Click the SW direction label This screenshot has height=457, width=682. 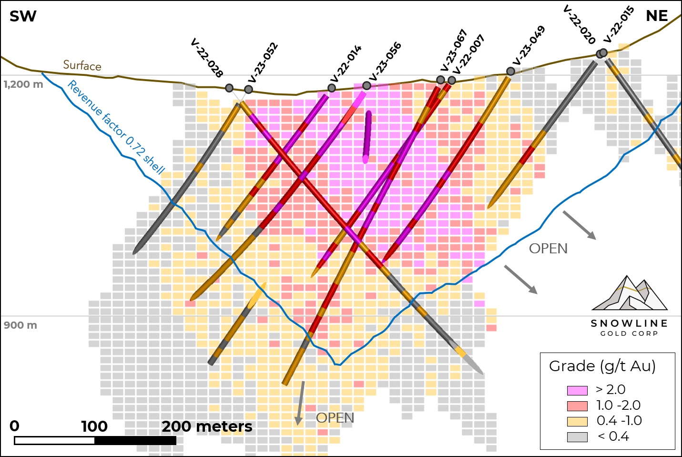point(23,16)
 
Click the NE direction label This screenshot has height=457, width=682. point(657,16)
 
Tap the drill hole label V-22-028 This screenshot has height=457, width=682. point(206,58)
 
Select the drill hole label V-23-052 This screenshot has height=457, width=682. point(263,62)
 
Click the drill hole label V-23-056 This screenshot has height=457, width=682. point(385,62)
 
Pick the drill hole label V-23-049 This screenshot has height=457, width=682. point(529,46)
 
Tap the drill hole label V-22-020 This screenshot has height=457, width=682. point(579,24)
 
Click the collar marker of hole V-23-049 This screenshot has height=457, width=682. point(510,71)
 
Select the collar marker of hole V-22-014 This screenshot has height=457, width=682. point(332,88)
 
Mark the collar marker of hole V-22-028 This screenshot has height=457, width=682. point(229,88)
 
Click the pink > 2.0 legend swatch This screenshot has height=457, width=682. point(577,390)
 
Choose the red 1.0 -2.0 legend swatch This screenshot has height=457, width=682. point(577,406)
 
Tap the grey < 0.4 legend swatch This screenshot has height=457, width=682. point(577,436)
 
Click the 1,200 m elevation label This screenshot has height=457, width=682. point(23,84)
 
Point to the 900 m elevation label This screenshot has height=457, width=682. point(20,325)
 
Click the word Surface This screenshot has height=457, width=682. point(82,65)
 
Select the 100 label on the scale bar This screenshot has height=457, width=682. point(94,426)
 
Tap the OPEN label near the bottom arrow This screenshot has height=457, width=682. point(335,418)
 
